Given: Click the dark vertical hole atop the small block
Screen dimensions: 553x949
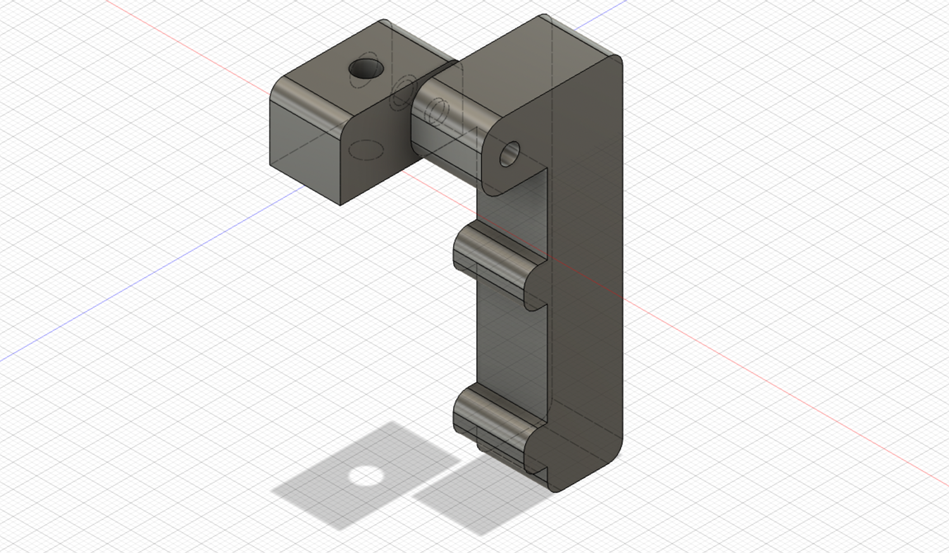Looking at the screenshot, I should pyautogui.click(x=366, y=69).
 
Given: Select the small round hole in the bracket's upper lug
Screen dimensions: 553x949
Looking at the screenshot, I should pyautogui.click(x=509, y=154).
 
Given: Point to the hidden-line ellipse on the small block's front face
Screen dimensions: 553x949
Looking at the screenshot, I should pyautogui.click(x=366, y=150).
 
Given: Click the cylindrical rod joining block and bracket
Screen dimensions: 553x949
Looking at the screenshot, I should pyautogui.click(x=443, y=133).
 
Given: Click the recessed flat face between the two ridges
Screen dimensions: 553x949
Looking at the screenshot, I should pyautogui.click(x=509, y=341).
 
